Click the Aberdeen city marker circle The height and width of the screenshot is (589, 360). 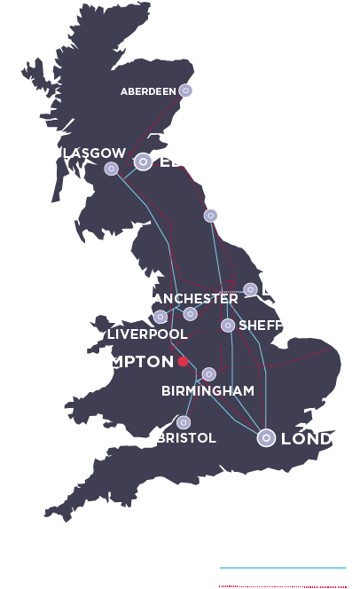click(x=185, y=90)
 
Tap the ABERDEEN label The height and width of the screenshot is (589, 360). click(x=148, y=91)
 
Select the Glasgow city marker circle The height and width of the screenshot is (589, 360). click(x=112, y=169)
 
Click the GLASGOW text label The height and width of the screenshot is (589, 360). click(x=89, y=153)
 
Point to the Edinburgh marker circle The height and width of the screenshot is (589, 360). click(x=143, y=161)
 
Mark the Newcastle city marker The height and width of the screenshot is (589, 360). click(x=210, y=215)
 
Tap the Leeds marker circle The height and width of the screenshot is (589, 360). click(x=251, y=289)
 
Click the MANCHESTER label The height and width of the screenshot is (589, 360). click(x=189, y=299)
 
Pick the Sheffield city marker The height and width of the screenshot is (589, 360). click(x=228, y=326)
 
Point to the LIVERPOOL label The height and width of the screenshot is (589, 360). click(x=146, y=334)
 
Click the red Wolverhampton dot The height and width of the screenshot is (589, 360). click(x=182, y=362)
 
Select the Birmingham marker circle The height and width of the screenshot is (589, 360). click(x=208, y=374)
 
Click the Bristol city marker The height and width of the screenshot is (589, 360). click(x=184, y=422)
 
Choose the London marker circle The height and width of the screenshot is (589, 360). click(x=265, y=437)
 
